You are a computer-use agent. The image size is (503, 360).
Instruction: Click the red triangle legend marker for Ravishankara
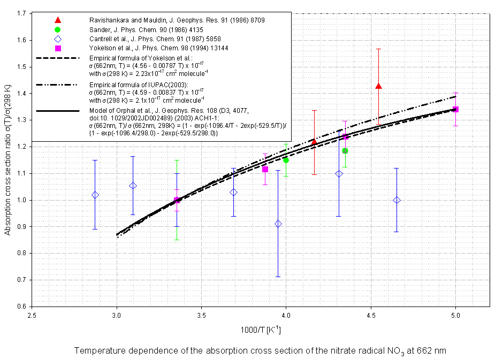tap(58, 20)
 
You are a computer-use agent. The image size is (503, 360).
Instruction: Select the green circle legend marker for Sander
tap(58, 29)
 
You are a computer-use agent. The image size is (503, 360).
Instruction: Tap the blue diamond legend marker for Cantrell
tap(58, 39)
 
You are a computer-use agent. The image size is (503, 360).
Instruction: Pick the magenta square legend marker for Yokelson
tap(58, 48)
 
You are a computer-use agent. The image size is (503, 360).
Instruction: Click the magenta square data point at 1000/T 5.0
tap(455, 109)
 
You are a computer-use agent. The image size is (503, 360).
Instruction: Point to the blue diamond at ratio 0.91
tap(278, 224)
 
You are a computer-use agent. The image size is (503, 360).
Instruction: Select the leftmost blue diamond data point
tap(95, 195)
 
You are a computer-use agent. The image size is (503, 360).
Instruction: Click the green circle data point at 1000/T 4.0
tap(286, 160)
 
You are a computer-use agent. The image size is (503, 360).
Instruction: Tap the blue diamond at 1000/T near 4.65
tap(397, 200)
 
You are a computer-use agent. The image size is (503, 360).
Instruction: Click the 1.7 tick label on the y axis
tap(22, 13)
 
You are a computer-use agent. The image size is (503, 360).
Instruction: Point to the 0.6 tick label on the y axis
tap(22, 307)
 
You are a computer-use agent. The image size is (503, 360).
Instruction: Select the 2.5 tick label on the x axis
tap(32, 316)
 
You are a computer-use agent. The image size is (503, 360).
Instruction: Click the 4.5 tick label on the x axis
tap(371, 316)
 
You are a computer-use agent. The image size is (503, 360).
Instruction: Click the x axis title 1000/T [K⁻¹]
tap(261, 330)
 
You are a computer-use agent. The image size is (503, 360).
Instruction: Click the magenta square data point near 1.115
tap(265, 169)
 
